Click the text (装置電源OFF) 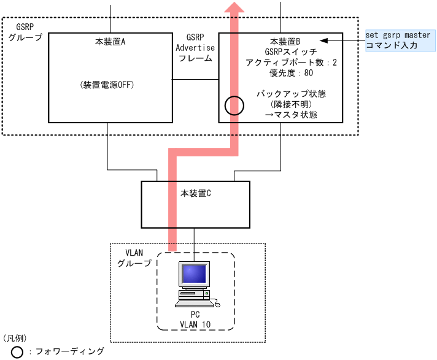[x=107, y=85]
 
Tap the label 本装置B [x=285, y=42]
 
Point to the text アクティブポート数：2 [x=291, y=63]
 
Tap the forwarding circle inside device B [x=234, y=106]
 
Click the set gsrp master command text [x=398, y=35]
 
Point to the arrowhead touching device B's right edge [x=324, y=40]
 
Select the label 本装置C [x=196, y=193]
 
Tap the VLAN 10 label [x=196, y=323]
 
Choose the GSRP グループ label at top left [x=25, y=32]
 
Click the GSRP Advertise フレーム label [x=195, y=48]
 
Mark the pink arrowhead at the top [x=234, y=7]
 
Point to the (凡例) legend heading [x=14, y=338]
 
